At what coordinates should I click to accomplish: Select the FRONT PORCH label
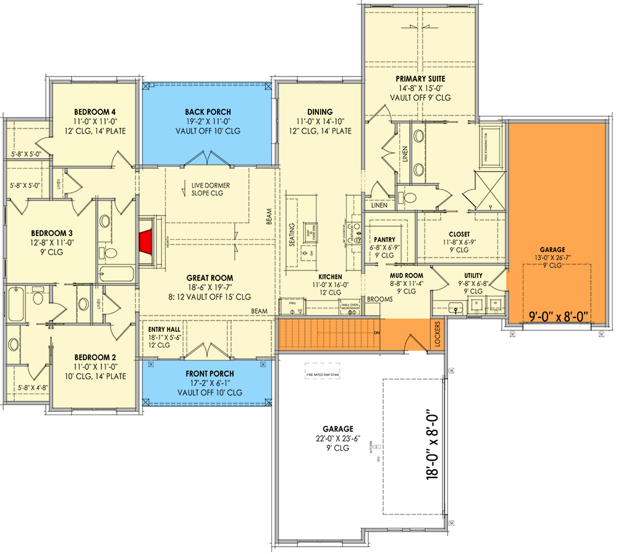[210, 374]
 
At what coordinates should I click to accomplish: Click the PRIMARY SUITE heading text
[420, 79]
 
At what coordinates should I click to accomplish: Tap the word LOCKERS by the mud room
[438, 334]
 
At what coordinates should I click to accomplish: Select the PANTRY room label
[384, 240]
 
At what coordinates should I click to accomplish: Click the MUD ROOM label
[406, 275]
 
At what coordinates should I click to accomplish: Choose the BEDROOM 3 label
[52, 233]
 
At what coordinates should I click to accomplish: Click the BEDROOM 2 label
[95, 357]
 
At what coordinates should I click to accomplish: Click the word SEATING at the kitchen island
[292, 235]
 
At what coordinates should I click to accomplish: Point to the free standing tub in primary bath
[492, 146]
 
